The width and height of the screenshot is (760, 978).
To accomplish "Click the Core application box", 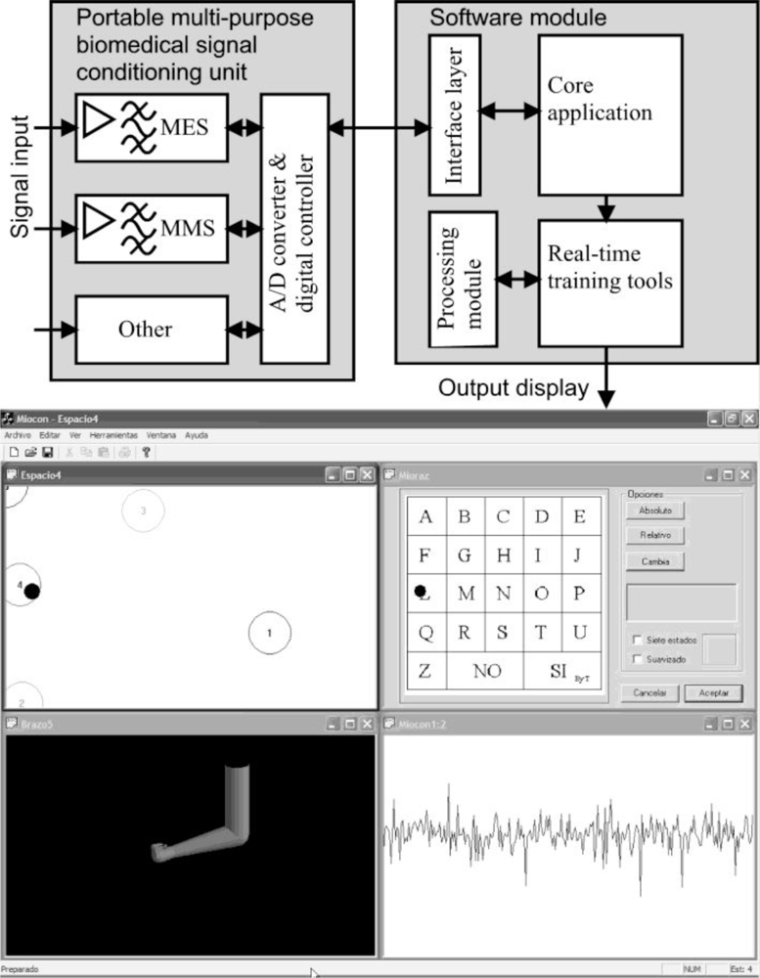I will coord(609,113).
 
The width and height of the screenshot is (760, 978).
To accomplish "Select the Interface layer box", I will coord(455,113).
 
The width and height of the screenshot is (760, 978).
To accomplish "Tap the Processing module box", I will coord(463,280).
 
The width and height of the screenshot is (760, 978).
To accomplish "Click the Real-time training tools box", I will coord(609,282).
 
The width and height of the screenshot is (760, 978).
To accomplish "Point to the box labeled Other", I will coord(145,330).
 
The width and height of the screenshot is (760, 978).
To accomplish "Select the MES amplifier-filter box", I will coord(152,127).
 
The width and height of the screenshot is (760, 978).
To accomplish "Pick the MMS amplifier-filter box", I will coord(152,228).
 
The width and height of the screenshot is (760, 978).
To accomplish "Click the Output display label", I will coord(514,388).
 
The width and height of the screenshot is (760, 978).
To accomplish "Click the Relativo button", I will coord(656,536).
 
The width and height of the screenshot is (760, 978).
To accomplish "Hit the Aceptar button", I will coord(713,692).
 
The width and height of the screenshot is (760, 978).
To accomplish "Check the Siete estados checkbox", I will coord(638,641).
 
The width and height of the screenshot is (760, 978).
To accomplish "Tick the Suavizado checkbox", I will coord(638,659).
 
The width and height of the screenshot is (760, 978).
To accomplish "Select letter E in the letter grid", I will coord(580,517).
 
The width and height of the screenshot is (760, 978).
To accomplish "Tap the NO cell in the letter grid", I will coord(486,672).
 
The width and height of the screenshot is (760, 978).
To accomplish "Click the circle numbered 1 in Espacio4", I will coord(270,634).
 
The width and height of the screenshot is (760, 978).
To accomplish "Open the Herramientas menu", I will coord(114,435).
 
